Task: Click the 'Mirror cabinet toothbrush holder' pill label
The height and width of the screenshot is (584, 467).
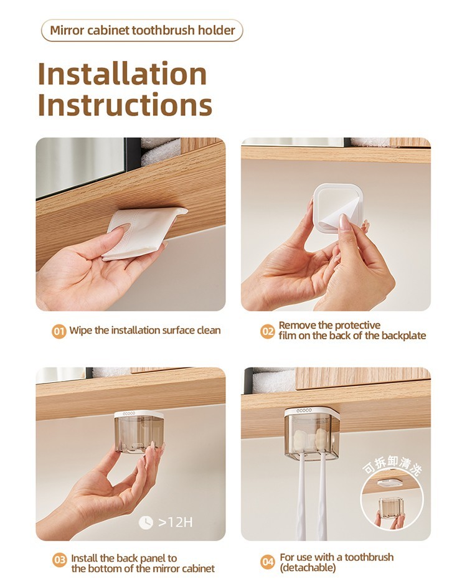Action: tap(142, 30)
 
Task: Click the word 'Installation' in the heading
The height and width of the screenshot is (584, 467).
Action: tap(122, 73)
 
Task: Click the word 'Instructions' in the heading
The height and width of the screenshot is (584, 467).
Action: tap(125, 105)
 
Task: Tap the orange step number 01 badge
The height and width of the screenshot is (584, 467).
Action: tap(59, 331)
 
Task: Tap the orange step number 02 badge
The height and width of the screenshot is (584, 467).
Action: tap(267, 331)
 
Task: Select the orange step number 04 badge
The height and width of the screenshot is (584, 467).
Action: tap(268, 562)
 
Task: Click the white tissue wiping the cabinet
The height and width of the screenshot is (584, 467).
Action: tap(143, 232)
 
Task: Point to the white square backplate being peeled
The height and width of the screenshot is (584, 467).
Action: tap(337, 209)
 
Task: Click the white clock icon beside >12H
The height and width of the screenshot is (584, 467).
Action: tap(146, 522)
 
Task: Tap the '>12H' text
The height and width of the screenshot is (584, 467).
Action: tap(176, 522)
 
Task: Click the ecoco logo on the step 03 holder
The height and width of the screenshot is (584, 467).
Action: tap(130, 413)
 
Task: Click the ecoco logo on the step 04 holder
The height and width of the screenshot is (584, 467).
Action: tap(304, 410)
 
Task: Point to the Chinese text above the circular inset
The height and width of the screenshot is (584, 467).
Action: tap(392, 466)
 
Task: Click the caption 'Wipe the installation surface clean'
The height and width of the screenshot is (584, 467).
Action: tap(145, 331)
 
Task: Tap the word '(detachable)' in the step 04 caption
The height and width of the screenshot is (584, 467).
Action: tap(308, 568)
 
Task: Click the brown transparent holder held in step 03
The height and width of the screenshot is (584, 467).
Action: tap(138, 433)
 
